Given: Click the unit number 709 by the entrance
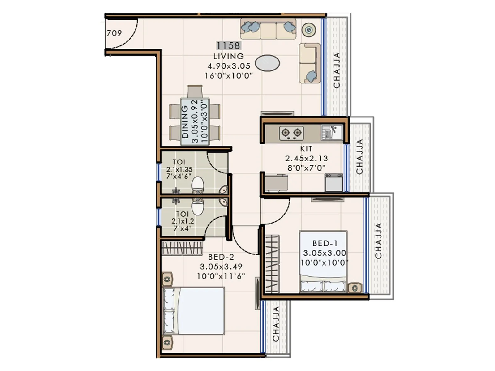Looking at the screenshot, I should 114,33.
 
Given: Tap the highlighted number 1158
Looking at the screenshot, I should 228,46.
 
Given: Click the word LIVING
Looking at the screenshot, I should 229,56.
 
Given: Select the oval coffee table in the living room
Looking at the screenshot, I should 267,63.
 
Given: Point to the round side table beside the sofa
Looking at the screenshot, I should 308,30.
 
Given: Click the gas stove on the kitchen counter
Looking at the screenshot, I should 291,133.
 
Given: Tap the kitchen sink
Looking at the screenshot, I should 331,132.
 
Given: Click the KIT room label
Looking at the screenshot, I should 306,149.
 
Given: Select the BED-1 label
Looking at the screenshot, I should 325,244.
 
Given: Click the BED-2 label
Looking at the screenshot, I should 221,257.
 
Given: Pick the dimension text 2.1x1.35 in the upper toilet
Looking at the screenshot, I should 179,169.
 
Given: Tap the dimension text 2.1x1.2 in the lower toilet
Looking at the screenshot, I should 183,221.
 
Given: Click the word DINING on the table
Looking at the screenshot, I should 185,122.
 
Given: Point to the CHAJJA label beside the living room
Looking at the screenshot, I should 337,70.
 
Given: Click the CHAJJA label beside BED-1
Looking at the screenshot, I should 378,241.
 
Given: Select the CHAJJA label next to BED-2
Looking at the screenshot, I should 276,324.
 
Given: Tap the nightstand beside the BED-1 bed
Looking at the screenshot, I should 355,288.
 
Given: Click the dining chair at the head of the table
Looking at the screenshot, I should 195,92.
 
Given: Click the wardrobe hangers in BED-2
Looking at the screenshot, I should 182,248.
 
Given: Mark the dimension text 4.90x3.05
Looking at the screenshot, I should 229,66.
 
